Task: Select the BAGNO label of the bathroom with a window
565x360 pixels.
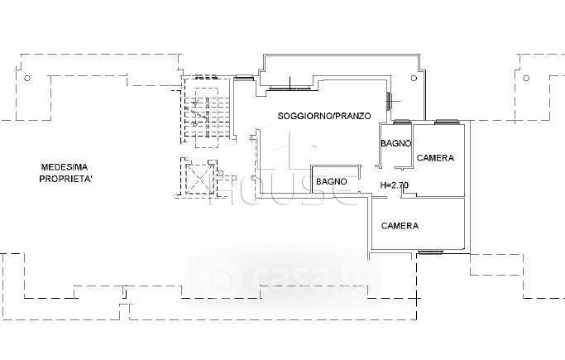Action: (395, 143)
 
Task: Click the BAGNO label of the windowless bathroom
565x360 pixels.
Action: (332, 181)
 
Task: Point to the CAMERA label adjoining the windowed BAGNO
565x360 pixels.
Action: (435, 158)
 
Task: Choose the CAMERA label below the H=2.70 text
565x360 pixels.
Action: (400, 226)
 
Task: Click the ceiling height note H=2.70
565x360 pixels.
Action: (395, 185)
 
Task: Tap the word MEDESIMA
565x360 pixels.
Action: (65, 167)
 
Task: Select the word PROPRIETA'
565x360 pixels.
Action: (65, 179)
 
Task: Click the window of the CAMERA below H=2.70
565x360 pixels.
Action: (430, 252)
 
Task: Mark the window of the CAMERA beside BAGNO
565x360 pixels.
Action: (446, 122)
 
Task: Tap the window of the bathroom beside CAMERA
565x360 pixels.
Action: (402, 122)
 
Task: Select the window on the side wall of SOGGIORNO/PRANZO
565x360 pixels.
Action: (389, 101)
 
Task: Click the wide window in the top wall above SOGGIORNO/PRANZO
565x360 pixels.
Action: (290, 88)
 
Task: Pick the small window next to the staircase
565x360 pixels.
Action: (244, 77)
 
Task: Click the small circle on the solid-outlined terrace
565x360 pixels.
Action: (414, 78)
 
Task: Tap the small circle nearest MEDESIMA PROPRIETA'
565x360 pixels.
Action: (27, 78)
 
